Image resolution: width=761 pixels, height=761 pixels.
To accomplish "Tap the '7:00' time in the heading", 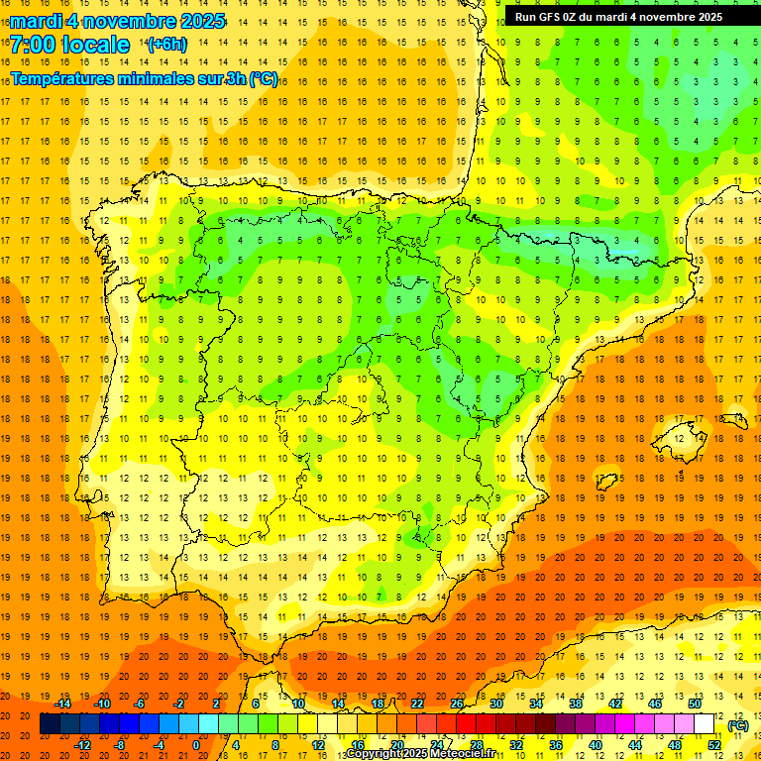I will pos(32,45).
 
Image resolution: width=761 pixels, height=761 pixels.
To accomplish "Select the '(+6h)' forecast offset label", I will pos(165,45).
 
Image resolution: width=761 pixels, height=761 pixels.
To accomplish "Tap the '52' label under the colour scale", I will pos(714,745).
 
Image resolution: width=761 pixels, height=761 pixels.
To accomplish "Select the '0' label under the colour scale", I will pos(195,745).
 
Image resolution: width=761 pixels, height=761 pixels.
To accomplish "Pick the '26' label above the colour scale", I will pos(457,704).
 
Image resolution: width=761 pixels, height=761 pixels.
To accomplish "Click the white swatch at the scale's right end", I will pos(705,724).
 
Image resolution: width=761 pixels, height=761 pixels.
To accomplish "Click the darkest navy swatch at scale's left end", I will pos(50,724).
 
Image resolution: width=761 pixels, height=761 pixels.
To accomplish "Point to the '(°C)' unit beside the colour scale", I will pos(737,725).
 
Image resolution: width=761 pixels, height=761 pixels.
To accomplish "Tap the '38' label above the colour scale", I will pos(575,704).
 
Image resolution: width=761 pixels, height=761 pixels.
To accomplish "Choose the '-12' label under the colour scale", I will pos(83,745).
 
